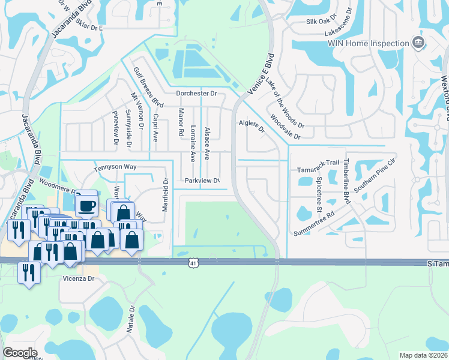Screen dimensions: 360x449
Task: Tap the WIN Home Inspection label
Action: [x=368, y=43]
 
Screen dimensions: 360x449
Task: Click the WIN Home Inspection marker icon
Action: [x=418, y=43]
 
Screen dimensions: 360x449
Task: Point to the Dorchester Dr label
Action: [x=196, y=94]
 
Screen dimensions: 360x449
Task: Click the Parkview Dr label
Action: [x=202, y=180]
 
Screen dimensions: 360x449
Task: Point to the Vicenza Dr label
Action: [x=79, y=279]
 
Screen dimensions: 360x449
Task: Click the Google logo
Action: [x=20, y=352]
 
